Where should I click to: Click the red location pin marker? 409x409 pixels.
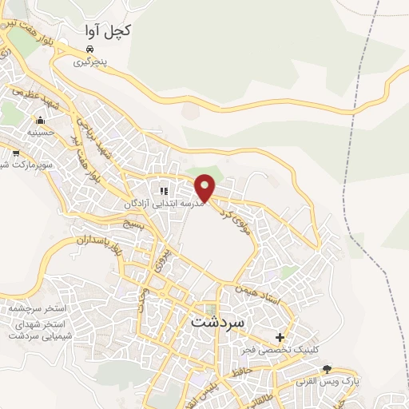(206, 185)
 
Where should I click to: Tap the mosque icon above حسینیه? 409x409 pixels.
(40, 121)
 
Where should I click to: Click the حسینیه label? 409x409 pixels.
(40, 132)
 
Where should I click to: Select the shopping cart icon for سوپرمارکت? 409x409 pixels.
(16, 152)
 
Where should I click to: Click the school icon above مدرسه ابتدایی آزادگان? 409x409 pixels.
(164, 191)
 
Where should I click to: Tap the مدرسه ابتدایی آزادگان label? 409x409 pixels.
(165, 204)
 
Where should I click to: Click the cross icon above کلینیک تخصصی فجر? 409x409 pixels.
(279, 337)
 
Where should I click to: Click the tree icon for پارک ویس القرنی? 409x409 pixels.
(326, 368)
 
